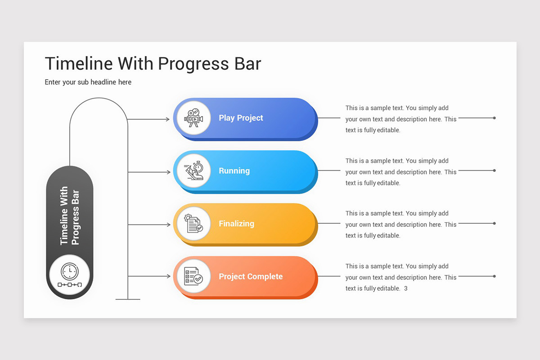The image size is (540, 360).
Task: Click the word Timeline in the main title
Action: coord(79,64)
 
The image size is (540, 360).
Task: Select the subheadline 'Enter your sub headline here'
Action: coord(88,82)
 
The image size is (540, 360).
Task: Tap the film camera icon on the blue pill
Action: coord(193,118)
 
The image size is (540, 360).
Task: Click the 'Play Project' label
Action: coord(241,118)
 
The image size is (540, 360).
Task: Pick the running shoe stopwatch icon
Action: coord(193,171)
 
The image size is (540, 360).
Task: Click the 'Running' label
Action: coord(234,171)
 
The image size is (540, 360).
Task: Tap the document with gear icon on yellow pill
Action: coord(193,224)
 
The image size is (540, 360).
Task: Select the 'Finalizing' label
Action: coord(236,224)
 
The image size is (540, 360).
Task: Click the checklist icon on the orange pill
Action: coord(193,276)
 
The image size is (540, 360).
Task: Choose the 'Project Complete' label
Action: coord(251,277)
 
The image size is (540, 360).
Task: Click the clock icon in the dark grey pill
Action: coord(69,271)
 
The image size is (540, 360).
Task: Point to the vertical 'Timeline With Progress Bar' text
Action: coord(70,216)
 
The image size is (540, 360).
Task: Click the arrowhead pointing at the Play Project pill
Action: coord(167,119)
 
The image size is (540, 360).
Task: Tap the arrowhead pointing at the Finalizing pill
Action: coord(167,225)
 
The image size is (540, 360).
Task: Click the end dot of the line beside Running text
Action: coord(495,171)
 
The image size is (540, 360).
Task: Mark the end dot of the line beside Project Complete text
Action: coord(495,276)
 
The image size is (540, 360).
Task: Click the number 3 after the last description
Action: coord(405,288)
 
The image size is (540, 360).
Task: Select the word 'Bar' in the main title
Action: coord(246,64)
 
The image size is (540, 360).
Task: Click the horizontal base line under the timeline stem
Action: coord(128,299)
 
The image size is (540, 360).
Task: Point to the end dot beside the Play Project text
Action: coord(495,118)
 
